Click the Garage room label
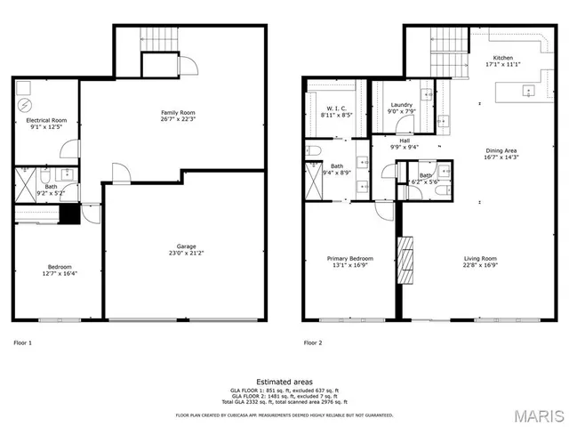(x=185, y=246)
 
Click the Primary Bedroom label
(x=349, y=259)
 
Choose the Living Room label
(x=480, y=259)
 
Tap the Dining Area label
(x=502, y=150)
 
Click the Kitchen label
(x=502, y=58)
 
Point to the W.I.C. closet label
(x=335, y=108)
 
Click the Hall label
(x=404, y=141)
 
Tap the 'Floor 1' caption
(x=23, y=342)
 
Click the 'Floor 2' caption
(x=313, y=342)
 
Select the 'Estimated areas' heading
(x=284, y=382)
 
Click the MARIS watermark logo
(x=536, y=415)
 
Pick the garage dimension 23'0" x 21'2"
(x=185, y=254)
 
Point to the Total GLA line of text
(x=284, y=403)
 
